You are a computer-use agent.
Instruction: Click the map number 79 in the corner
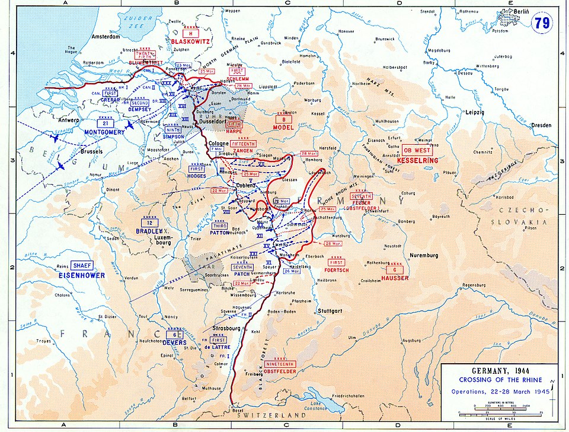coord(542,23)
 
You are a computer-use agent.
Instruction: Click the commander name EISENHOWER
coord(81,275)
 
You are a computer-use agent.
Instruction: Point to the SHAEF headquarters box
coord(81,266)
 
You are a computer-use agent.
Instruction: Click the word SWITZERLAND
coord(265,416)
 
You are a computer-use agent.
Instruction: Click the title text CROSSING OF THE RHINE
coord(499,380)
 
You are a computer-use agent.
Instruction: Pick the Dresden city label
coord(542,125)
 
